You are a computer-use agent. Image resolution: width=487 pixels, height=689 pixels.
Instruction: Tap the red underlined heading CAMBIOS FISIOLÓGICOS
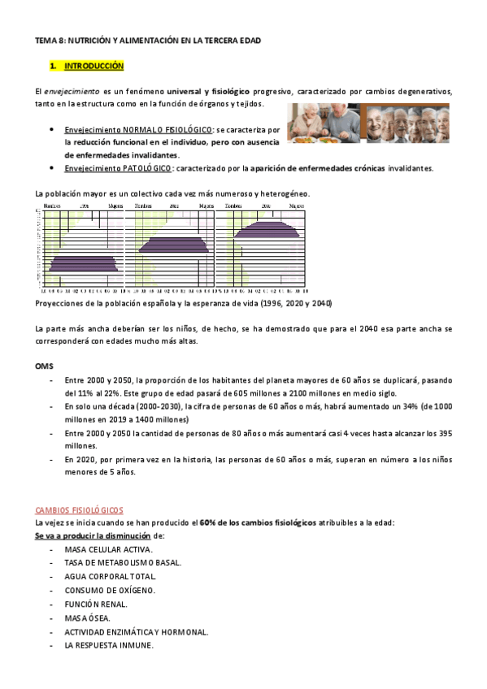pyautogui.click(x=78, y=511)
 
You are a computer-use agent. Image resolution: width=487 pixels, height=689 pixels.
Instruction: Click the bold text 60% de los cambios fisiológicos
pyautogui.click(x=258, y=523)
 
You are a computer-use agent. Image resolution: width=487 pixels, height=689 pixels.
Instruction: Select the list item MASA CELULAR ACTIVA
pyautogui.click(x=107, y=549)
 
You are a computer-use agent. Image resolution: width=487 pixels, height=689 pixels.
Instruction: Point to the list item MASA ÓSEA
pyautogui.click(x=89, y=618)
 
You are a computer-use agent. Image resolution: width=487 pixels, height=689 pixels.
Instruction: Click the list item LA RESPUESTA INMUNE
pyautogui.click(x=109, y=646)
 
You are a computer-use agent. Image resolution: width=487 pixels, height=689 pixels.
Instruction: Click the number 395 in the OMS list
pyautogui.click(x=444, y=432)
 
